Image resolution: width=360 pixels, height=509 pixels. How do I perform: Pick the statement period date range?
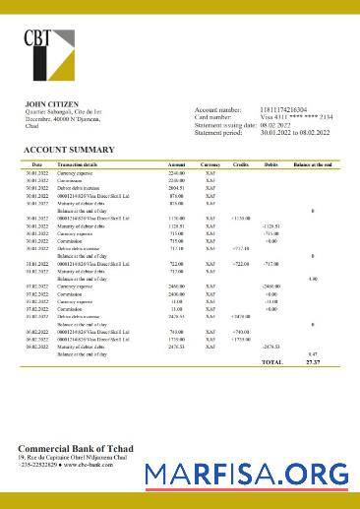tap(294, 133)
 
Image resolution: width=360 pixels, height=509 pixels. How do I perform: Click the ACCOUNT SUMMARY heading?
tap(69, 150)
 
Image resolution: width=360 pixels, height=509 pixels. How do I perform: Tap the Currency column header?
tap(210, 163)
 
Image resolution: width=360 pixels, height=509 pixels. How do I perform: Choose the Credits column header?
tap(240, 163)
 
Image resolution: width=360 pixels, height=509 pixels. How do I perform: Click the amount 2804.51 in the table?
tap(176, 188)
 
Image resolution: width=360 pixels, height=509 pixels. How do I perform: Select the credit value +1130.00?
tap(241, 218)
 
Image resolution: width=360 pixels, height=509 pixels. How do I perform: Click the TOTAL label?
tap(270, 362)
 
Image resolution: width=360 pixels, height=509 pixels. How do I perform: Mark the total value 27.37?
tap(312, 362)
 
